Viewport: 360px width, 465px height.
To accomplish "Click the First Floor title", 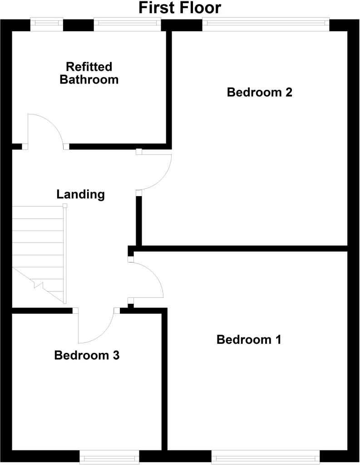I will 180,8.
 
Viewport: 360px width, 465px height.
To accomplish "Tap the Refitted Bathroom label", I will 89,73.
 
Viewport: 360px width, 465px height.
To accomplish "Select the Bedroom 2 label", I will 259,93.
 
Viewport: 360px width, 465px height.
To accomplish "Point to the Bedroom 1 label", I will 249,340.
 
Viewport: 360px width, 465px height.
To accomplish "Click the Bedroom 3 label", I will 87,355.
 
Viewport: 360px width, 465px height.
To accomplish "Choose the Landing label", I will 80,194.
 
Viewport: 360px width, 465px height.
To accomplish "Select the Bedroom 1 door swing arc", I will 154,272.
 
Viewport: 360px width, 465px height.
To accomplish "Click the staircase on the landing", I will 39,254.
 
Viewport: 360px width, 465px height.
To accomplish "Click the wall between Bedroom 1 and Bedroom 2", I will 241,248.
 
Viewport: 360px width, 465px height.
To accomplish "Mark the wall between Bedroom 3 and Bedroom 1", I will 165,381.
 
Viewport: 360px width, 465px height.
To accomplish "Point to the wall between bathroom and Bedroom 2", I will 169,86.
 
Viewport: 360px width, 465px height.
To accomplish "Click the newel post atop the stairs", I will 65,206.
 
